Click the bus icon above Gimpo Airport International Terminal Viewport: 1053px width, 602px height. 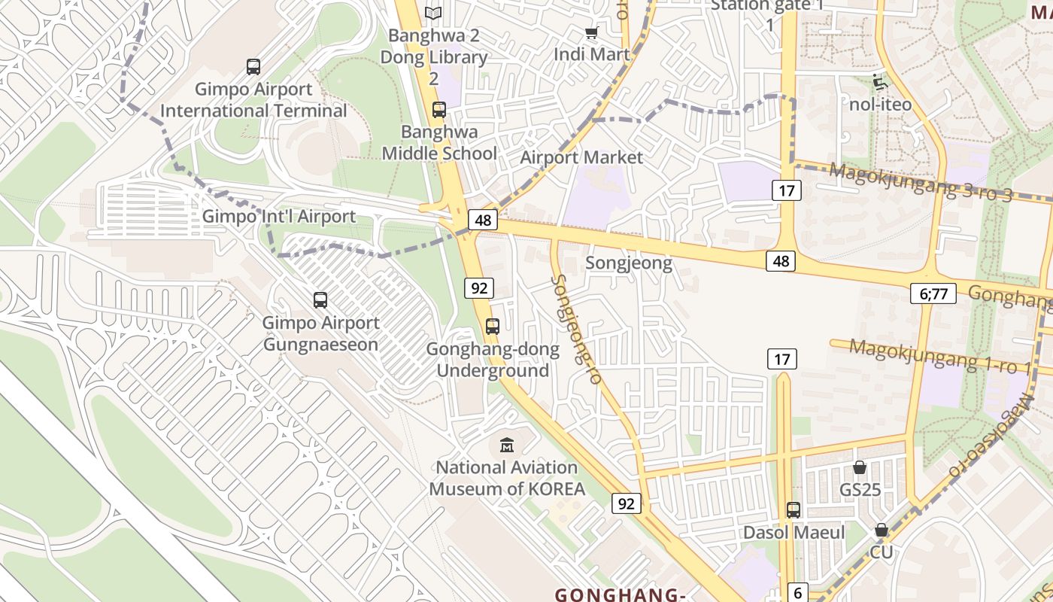(253, 66)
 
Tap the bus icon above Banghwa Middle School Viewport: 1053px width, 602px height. (439, 110)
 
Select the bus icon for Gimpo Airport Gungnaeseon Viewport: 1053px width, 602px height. (320, 300)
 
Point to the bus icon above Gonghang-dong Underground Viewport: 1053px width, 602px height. (493, 327)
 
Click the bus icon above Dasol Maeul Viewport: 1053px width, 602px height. (794, 509)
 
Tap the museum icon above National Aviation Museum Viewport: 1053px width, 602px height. (507, 445)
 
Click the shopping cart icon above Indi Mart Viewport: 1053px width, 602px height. (591, 32)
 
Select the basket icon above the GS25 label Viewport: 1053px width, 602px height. (860, 467)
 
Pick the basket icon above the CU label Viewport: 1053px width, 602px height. (882, 531)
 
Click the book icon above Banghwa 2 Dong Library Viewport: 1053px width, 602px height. (433, 13)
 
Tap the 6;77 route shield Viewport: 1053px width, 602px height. (933, 293)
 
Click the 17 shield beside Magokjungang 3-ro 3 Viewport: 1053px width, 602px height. (786, 190)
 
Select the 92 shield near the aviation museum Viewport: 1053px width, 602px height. (626, 503)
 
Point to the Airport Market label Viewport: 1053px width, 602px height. (581, 157)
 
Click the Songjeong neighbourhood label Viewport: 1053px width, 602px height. (628, 263)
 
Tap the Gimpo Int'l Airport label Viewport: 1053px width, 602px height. (279, 217)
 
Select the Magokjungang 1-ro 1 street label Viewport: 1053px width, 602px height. (940, 356)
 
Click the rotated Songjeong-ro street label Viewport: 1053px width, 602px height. (577, 329)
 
